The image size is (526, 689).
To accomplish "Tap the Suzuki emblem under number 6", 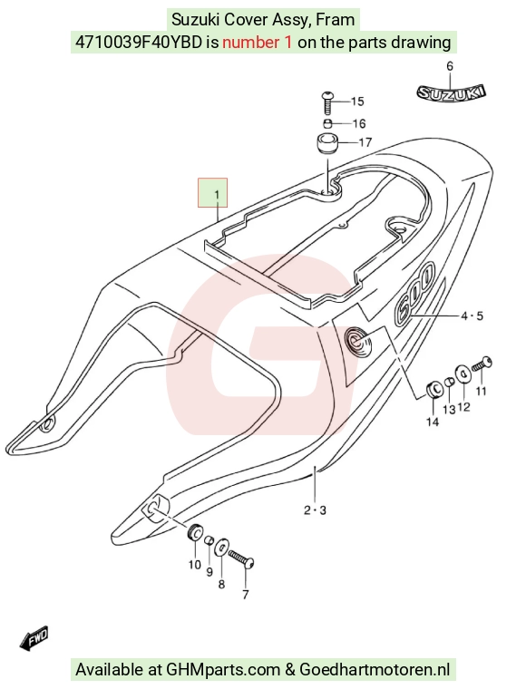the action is click(x=451, y=92).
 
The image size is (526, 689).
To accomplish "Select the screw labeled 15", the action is click(x=327, y=102).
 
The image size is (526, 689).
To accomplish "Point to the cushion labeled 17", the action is click(x=327, y=143).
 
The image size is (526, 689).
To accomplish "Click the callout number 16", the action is click(x=359, y=123).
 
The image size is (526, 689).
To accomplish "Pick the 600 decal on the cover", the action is click(x=414, y=292).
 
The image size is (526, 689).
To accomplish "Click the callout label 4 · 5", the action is click(x=472, y=315).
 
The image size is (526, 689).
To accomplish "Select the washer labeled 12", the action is click(x=463, y=374).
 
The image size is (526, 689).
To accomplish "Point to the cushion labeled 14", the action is click(x=434, y=389).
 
